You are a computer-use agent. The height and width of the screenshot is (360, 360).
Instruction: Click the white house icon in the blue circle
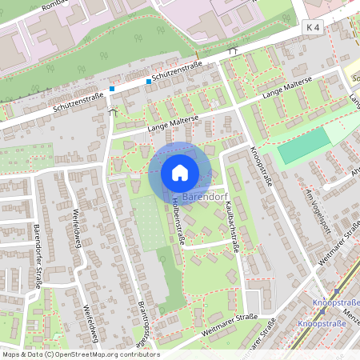pyautogui.click(x=180, y=172)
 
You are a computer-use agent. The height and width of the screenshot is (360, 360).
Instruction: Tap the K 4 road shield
pyautogui.click(x=312, y=27)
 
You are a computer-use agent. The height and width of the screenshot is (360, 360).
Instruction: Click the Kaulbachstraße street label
pyautogui.click(x=233, y=227)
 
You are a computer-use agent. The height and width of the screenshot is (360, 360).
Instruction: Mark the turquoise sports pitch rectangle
pyautogui.click(x=304, y=146)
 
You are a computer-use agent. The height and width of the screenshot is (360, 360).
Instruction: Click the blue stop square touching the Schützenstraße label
pyautogui.click(x=149, y=81)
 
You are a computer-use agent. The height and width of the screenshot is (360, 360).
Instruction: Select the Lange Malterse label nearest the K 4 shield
pyautogui.click(x=284, y=93)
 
